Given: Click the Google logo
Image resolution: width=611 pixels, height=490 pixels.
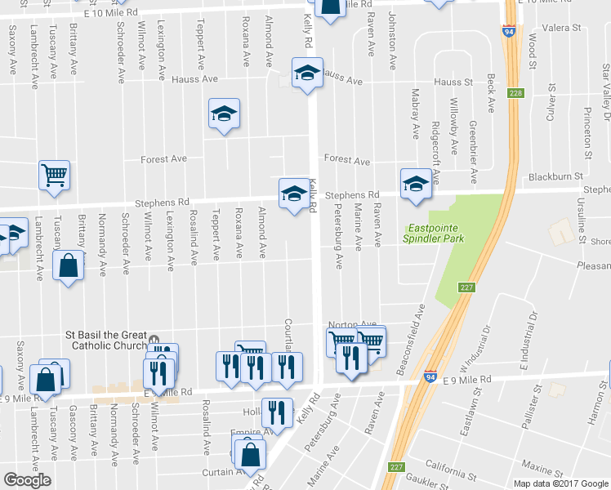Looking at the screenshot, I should [27, 480].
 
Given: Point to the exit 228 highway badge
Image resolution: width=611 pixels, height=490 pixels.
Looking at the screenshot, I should [514, 93].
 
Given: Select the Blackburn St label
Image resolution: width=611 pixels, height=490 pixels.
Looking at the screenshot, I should [555, 176].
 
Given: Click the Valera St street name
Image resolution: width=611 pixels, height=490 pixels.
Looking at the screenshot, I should [560, 28].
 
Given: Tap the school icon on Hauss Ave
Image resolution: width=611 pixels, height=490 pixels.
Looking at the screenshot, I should [307, 73].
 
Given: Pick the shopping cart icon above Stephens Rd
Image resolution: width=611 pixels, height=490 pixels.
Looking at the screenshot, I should [54, 174].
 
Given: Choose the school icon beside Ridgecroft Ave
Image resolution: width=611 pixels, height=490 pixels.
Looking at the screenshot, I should [416, 182].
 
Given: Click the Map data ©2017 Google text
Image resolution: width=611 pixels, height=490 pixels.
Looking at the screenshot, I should [560, 483].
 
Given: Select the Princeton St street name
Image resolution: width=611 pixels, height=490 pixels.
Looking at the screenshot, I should [588, 130].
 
